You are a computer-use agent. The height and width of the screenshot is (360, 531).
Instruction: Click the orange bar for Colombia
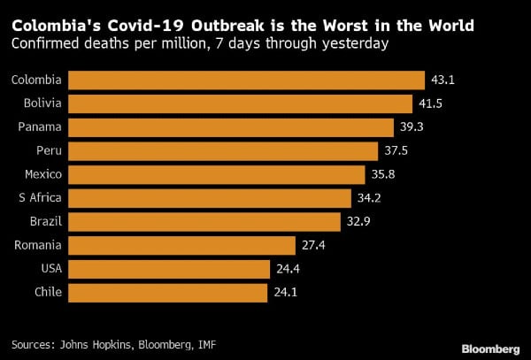pos(246,80)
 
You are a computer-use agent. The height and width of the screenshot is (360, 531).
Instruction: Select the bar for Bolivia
pos(240,103)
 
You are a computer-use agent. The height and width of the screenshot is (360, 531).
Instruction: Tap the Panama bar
pos(230,127)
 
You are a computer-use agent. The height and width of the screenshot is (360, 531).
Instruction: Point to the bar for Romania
pos(181,245)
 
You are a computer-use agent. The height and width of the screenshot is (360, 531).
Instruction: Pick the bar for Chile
pos(167,292)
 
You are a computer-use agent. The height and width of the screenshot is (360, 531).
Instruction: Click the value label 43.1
pos(442,80)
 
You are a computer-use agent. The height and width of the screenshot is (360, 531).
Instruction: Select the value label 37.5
pos(396,151)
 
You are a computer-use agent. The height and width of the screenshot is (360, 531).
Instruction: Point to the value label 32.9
pos(358,221)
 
